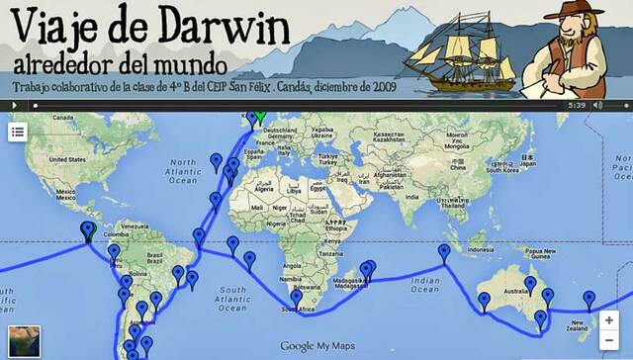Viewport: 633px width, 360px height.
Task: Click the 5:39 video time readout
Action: [578, 104]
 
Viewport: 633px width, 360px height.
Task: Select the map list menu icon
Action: [18, 131]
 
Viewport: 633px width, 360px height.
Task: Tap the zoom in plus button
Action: [611, 320]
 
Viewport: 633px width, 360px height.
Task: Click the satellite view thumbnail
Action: [23, 339]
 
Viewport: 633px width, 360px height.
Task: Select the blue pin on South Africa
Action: [296, 298]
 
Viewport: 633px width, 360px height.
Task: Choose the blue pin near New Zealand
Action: [589, 299]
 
